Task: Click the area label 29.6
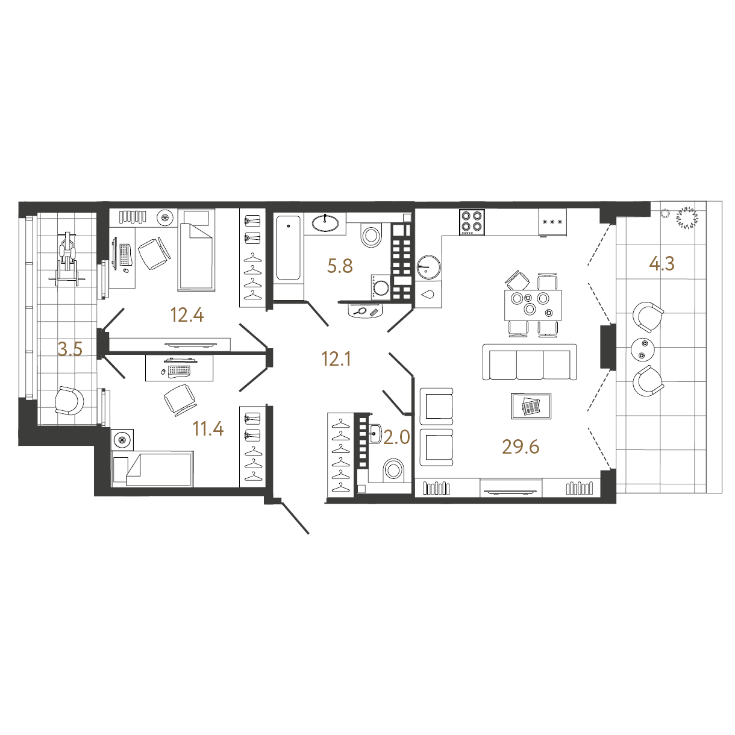(521, 446)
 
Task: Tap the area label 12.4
(187, 315)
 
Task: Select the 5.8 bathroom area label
(340, 266)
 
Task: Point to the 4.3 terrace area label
(661, 263)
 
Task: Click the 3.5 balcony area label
(70, 349)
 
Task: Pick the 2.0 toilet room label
(396, 437)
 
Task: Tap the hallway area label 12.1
(336, 359)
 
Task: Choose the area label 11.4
(208, 429)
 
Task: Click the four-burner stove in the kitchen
(472, 222)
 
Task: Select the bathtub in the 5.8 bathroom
(289, 248)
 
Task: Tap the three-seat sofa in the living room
(530, 361)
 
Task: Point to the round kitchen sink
(429, 267)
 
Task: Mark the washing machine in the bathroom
(381, 286)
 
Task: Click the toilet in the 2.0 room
(393, 470)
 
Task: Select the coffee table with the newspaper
(531, 406)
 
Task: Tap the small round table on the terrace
(643, 349)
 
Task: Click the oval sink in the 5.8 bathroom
(325, 223)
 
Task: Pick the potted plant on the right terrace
(687, 218)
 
